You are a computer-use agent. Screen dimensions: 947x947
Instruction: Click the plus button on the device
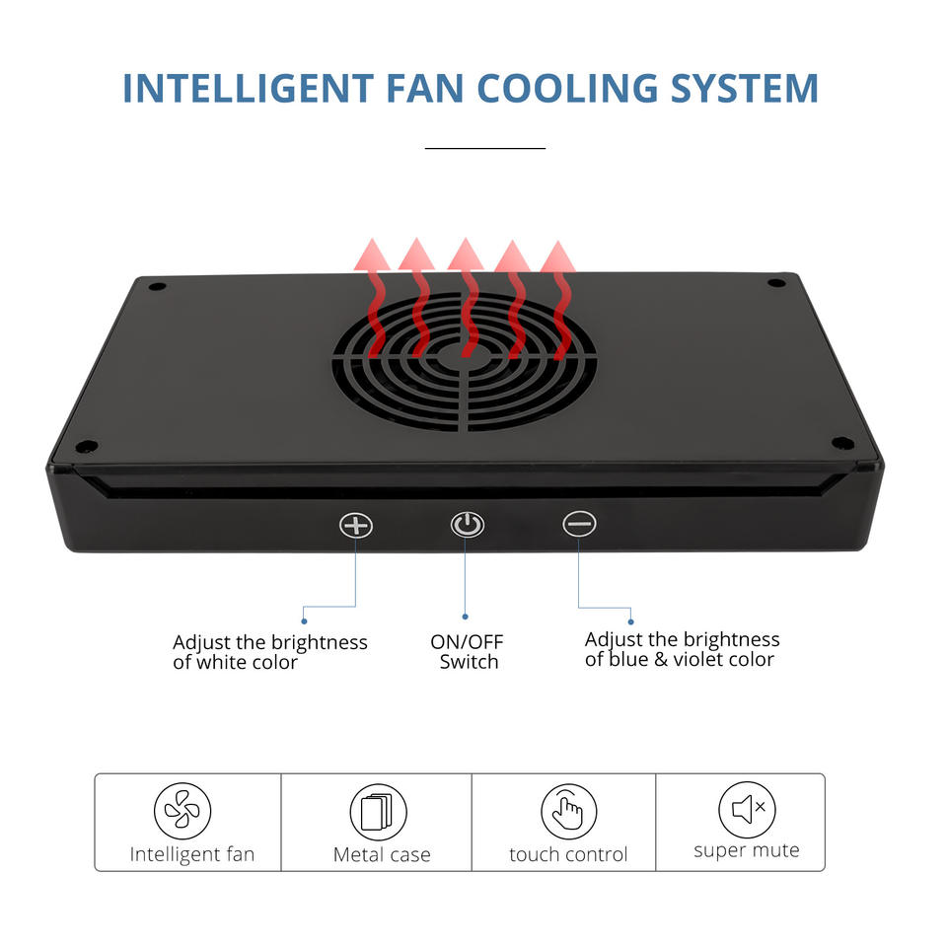[356, 524]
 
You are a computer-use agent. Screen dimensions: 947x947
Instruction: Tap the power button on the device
[468, 524]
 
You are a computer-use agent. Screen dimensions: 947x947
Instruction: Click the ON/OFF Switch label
[468, 652]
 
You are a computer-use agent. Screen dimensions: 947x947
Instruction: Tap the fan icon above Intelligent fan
[182, 811]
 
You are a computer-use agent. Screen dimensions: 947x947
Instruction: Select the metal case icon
[378, 812]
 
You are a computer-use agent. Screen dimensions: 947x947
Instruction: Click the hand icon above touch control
[569, 812]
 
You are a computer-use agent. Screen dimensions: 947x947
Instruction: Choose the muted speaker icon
[747, 810]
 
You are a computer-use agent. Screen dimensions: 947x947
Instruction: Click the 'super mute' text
[747, 850]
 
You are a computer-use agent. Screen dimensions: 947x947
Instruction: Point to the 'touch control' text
[568, 854]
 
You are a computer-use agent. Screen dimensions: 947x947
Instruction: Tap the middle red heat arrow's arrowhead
[465, 255]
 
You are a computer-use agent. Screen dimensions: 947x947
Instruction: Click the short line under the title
[484, 148]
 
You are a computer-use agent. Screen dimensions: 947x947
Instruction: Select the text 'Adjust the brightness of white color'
[269, 652]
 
